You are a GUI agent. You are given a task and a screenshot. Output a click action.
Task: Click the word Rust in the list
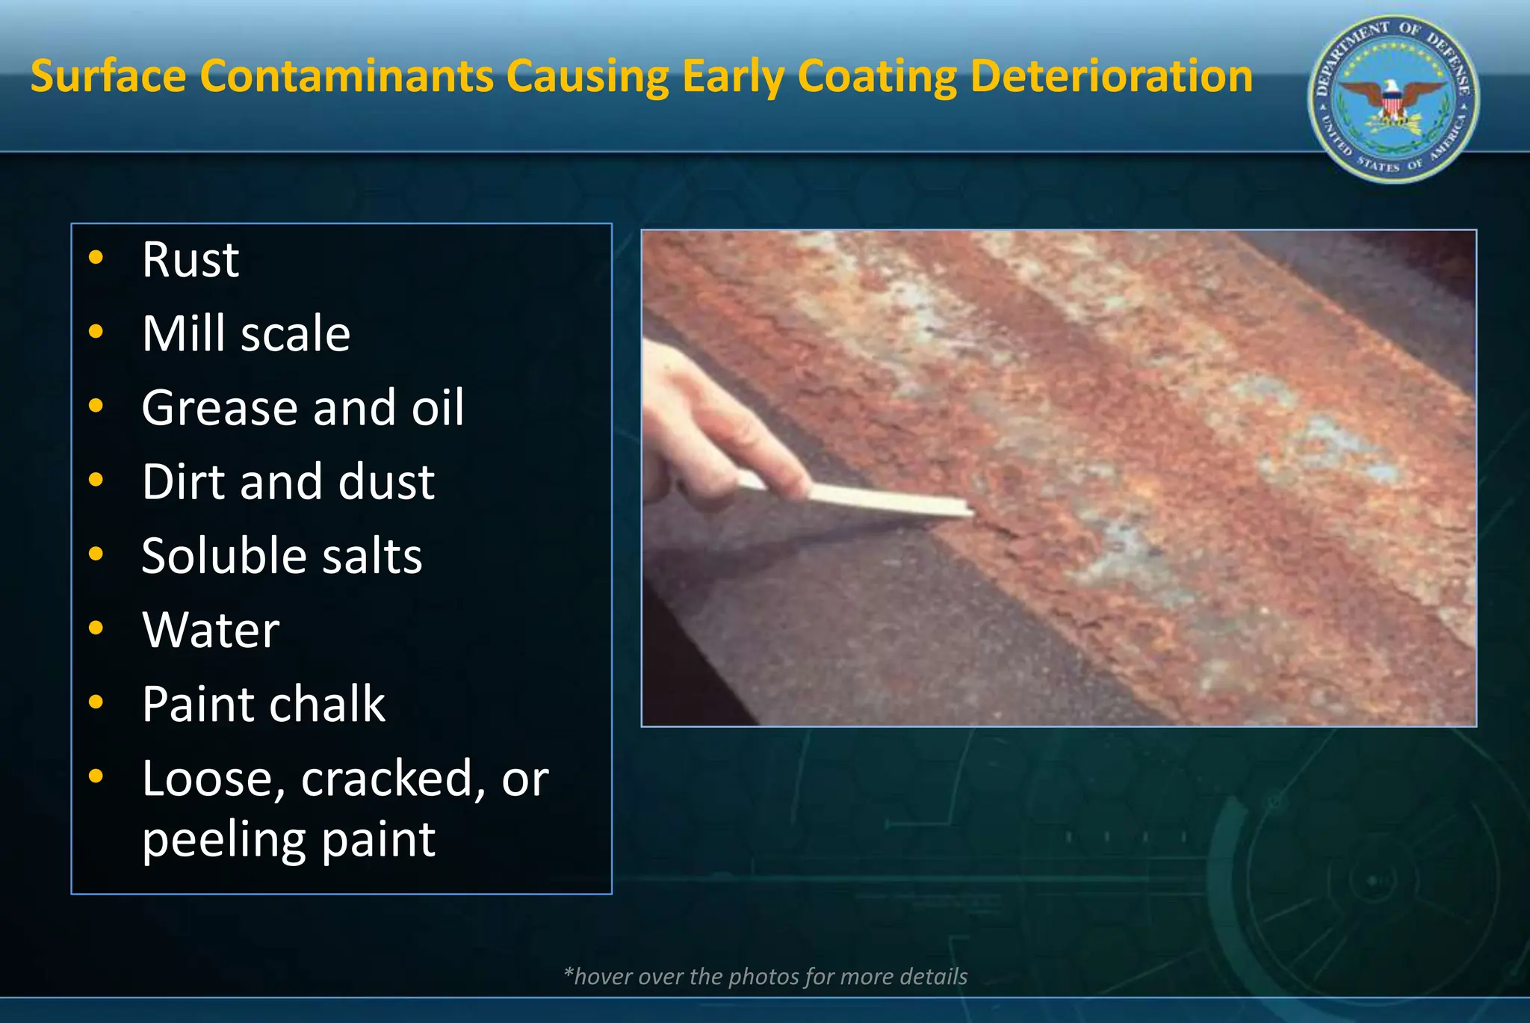tap(191, 260)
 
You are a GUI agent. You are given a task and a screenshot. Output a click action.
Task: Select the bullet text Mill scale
tap(246, 333)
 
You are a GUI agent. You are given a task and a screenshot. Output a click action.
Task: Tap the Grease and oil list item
tap(303, 407)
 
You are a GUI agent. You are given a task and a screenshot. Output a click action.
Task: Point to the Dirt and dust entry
tap(288, 481)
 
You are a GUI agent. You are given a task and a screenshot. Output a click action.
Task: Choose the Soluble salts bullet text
tap(282, 555)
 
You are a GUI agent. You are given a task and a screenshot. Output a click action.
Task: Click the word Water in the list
tap(211, 629)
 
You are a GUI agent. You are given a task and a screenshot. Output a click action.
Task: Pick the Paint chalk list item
tap(263, 704)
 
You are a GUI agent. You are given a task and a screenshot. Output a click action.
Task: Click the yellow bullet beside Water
tap(96, 628)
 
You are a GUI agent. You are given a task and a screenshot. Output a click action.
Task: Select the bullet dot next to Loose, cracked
tap(96, 776)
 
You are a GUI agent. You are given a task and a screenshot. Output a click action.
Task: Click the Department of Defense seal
tap(1393, 99)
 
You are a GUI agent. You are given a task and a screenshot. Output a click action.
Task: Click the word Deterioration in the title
tap(1111, 76)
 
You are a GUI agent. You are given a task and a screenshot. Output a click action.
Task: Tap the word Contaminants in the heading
tap(347, 76)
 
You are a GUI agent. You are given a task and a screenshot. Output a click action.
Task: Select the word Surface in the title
tap(108, 76)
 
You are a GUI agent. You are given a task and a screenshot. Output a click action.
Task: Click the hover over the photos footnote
tap(765, 976)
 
